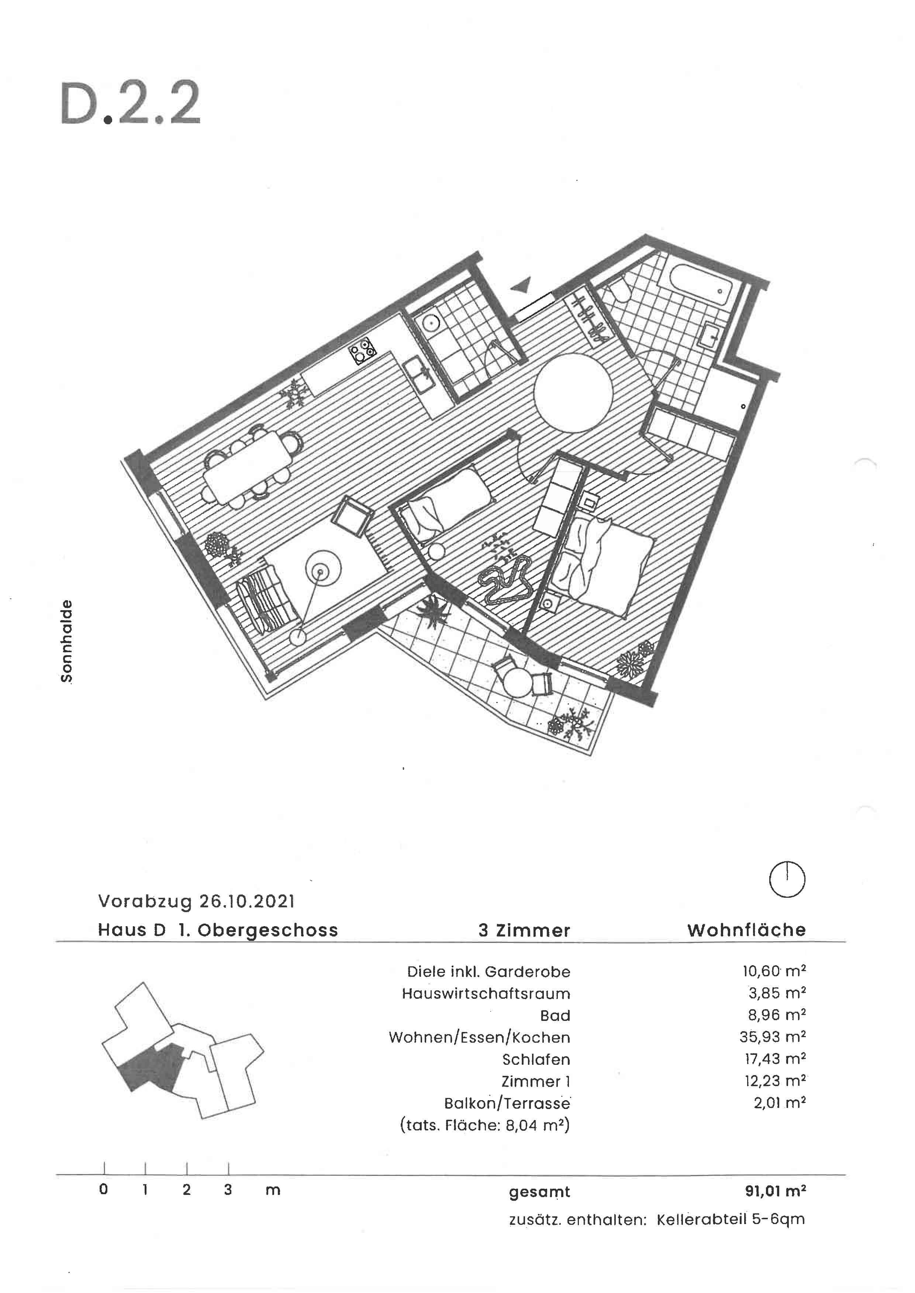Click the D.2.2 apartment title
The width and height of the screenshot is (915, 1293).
(130, 104)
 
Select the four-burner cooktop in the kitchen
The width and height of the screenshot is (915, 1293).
(362, 351)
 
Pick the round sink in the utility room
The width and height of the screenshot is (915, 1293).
(431, 323)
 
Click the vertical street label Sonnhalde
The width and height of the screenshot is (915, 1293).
(66, 641)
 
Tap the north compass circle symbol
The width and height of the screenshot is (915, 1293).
(787, 879)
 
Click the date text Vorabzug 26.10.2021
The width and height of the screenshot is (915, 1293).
(196, 901)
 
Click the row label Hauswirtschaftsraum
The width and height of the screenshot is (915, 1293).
(486, 993)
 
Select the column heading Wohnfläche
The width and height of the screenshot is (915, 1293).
(746, 930)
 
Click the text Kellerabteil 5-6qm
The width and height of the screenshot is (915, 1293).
(730, 1220)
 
